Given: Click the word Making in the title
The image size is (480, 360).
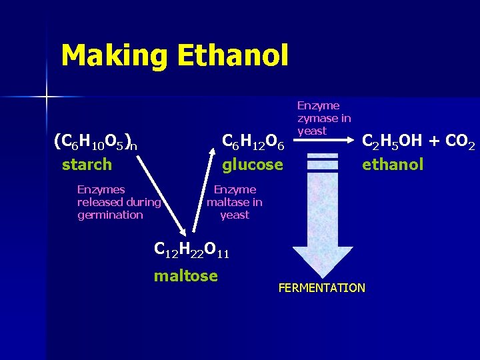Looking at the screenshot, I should (114, 56).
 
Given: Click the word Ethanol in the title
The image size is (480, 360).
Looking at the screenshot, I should (233, 56).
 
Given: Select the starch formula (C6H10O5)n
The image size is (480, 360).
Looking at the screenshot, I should (95, 141).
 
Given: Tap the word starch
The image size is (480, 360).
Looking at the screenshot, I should (87, 164).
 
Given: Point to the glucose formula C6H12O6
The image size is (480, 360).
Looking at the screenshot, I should (253, 142).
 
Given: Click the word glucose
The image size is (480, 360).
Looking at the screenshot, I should (253, 164).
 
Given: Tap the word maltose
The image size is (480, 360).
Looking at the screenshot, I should (186, 275).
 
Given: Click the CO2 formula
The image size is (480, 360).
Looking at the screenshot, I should (459, 142).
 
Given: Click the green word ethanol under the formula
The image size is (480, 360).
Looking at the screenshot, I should (393, 164).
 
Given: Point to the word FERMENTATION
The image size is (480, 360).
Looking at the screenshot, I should (321, 288).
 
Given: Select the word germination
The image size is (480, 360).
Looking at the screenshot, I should (110, 215).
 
